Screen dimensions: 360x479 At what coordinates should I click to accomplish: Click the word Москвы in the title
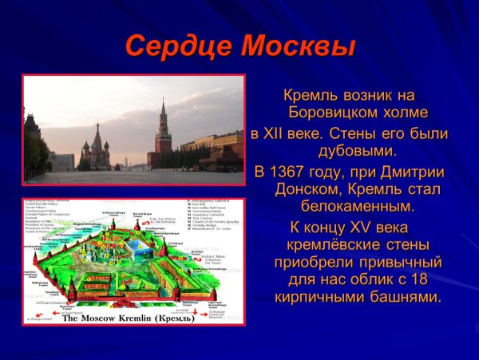click(x=299, y=45)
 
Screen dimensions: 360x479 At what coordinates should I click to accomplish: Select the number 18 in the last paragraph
click(x=429, y=279)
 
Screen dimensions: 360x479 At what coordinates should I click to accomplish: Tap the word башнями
click(x=406, y=298)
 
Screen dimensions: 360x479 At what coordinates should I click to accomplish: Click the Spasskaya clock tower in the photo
click(x=163, y=132)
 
